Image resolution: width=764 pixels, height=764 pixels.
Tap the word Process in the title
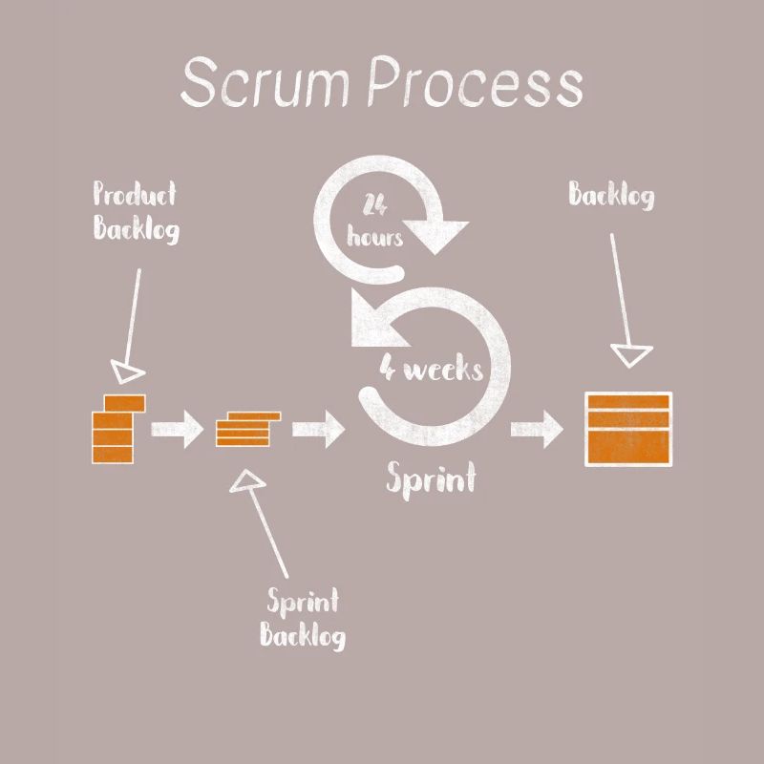coord(475,83)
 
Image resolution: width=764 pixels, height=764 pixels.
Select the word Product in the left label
coord(135,195)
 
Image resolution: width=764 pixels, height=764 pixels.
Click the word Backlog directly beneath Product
coord(136,230)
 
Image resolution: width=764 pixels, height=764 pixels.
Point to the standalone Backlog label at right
coord(611,196)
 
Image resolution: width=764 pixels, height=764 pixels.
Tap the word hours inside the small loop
coord(374,236)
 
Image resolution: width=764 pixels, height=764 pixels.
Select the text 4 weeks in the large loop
coord(431,368)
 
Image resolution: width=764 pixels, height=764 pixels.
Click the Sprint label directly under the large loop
coord(430,477)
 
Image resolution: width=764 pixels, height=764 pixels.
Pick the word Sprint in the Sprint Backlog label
coord(303,602)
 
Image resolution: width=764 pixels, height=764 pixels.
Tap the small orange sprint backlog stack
coord(247,428)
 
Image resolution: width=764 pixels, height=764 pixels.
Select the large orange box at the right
coord(627,429)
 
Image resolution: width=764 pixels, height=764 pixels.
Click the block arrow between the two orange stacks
coord(179,429)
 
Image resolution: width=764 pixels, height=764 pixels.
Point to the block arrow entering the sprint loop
coord(319,429)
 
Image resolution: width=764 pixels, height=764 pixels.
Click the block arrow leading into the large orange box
coord(538,430)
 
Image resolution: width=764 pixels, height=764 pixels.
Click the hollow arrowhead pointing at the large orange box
coord(630,356)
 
